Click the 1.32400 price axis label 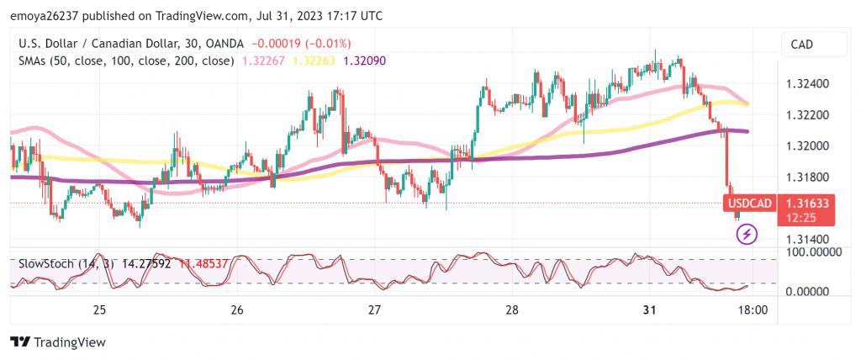tap(808, 84)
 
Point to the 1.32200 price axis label tap(808, 115)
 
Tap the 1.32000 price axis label tap(808, 146)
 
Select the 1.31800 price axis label tap(808, 177)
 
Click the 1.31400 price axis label tap(808, 240)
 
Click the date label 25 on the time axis tap(99, 310)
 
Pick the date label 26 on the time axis tap(237, 310)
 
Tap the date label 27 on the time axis tap(375, 310)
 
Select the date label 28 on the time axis tap(512, 310)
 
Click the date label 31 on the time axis tap(649, 310)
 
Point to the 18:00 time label tap(752, 310)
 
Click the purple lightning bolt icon tap(747, 234)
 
